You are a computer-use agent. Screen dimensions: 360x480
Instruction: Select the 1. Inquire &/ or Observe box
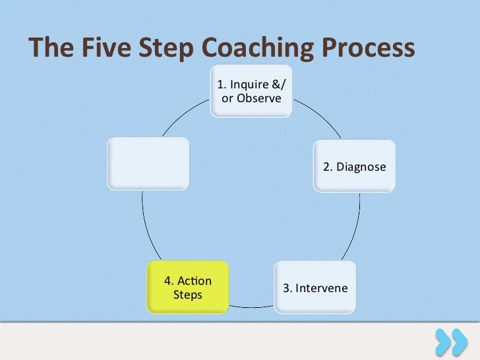(252, 91)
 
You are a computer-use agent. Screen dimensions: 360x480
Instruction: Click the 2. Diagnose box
(354, 166)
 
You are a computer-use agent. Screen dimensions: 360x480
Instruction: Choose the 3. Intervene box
(315, 287)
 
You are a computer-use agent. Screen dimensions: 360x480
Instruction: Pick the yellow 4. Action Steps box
(187, 287)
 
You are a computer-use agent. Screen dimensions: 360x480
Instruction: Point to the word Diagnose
(361, 167)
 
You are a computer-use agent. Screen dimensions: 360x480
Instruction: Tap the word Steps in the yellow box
(187, 294)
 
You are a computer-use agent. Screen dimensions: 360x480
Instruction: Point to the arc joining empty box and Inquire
(185, 119)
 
